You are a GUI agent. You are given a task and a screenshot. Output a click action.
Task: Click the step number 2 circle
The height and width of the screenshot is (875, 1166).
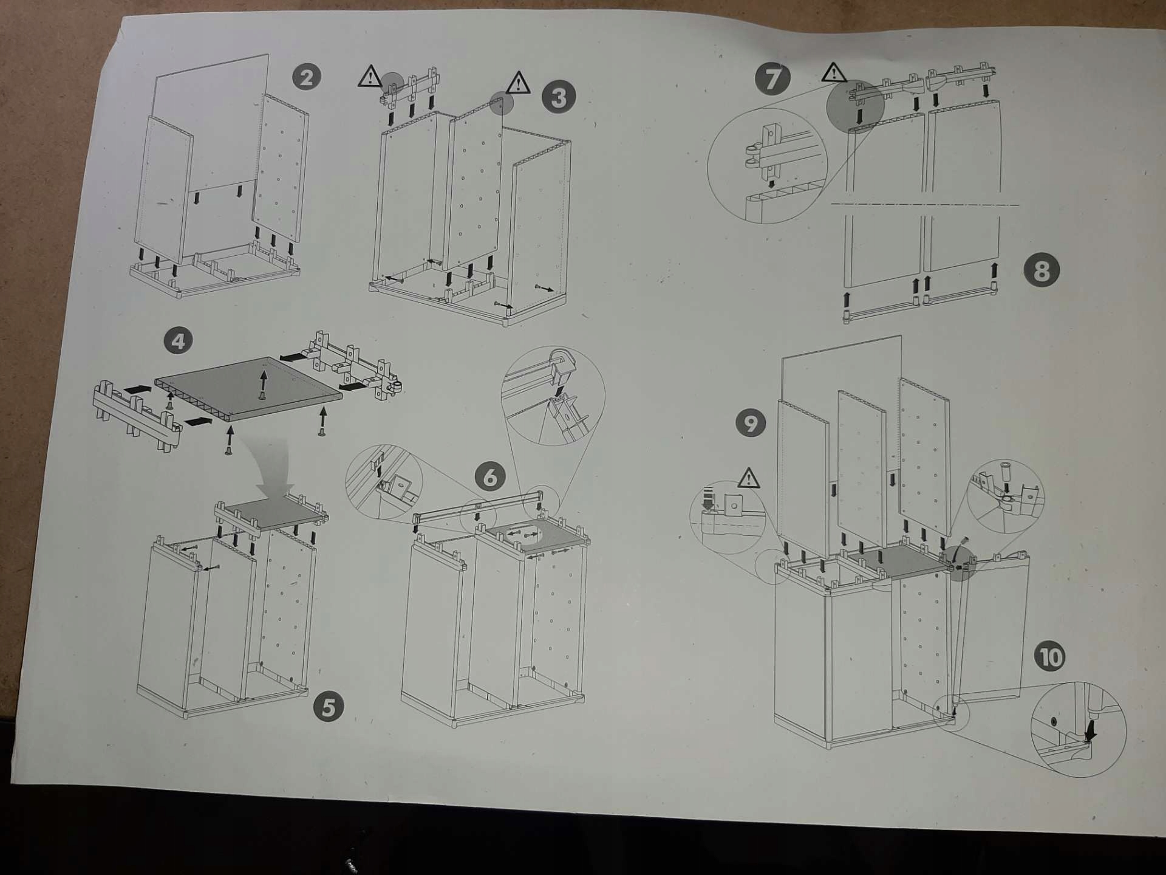coord(306,77)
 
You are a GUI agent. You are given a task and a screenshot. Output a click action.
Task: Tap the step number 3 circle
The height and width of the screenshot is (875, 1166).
coord(559,97)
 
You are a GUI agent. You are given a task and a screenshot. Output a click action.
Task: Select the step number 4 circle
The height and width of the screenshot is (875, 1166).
coord(178,341)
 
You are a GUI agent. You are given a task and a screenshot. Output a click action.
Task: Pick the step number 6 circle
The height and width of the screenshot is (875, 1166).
coord(490,477)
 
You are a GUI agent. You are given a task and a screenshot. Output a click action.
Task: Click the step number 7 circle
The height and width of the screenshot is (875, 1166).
coord(772,79)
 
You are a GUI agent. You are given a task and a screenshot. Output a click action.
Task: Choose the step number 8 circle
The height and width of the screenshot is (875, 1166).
coord(1042,271)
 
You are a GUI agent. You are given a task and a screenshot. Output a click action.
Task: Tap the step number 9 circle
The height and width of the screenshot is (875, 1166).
coord(751,423)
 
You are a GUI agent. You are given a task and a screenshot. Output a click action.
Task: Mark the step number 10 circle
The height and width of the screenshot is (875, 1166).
coord(1050,657)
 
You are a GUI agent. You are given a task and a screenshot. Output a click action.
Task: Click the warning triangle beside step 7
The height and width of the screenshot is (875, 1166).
coord(834,73)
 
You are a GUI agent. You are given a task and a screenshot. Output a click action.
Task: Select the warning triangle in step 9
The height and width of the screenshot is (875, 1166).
coord(749,479)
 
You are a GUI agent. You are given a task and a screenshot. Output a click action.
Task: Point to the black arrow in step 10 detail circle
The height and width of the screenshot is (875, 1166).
coord(1090,730)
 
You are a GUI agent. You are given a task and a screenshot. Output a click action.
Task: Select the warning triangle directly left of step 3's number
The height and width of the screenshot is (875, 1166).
coord(518,83)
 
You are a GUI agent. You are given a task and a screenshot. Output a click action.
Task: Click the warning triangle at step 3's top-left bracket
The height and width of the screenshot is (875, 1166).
coord(369,77)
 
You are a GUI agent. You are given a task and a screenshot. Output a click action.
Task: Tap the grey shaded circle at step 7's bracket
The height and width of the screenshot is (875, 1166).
coord(855,106)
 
